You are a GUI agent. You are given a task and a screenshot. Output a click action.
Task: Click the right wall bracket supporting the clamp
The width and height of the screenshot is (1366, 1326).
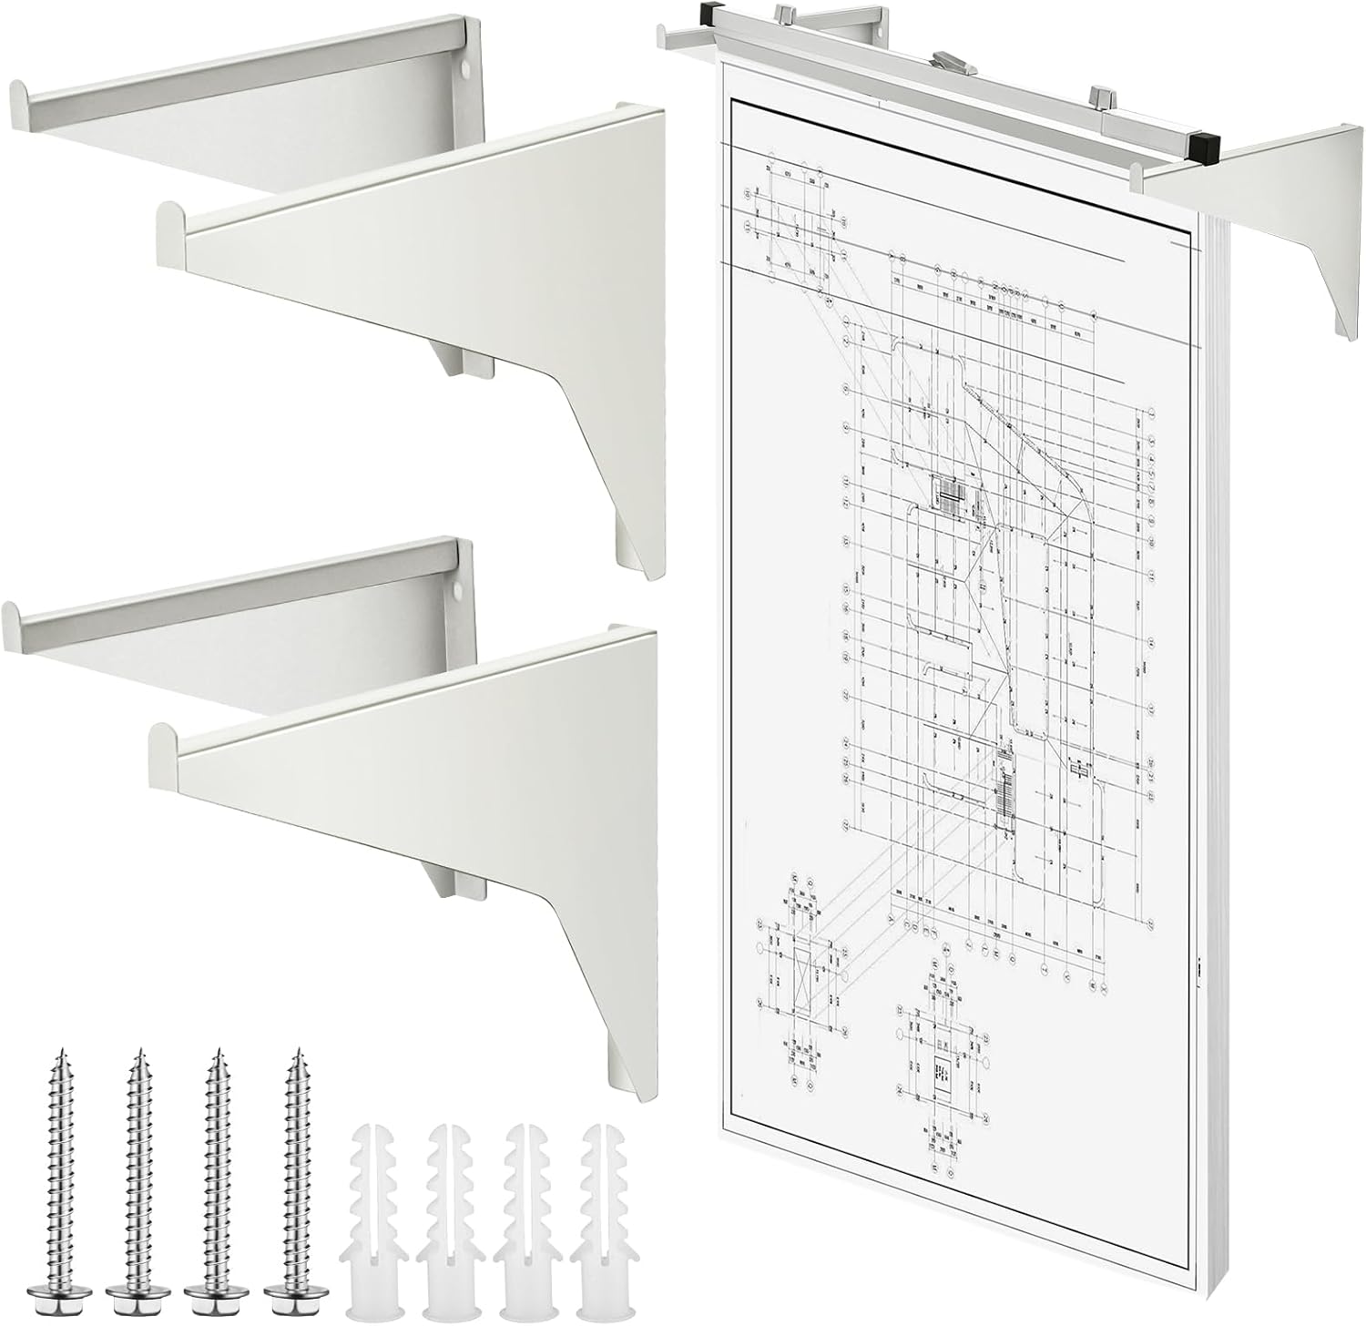point(1275,209)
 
